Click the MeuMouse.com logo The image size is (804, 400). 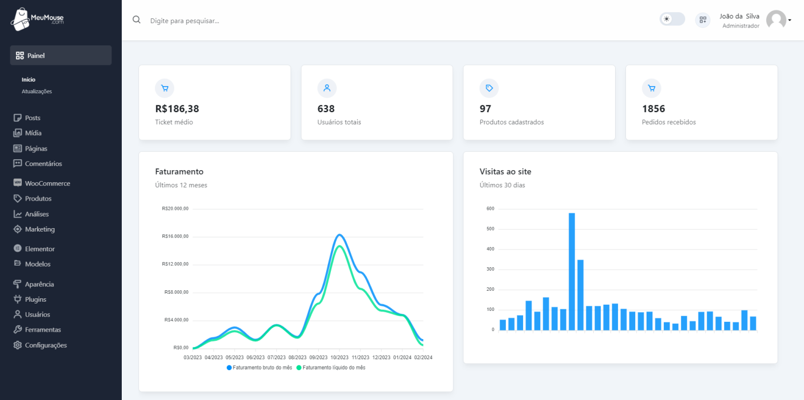click(x=37, y=20)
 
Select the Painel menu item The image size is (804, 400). click(x=60, y=56)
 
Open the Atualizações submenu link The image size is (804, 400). click(x=37, y=91)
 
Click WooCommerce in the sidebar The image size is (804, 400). click(x=47, y=183)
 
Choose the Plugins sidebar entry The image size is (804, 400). click(x=36, y=299)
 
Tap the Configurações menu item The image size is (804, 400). click(x=45, y=345)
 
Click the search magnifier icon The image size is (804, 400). click(x=137, y=20)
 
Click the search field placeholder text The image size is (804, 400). click(x=184, y=21)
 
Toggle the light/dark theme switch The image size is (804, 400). click(x=672, y=19)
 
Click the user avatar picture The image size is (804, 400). click(x=776, y=20)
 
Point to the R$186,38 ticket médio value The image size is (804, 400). click(x=177, y=109)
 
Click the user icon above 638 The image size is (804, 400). click(x=327, y=88)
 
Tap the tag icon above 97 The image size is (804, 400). click(x=489, y=88)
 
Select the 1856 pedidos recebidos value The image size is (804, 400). click(x=654, y=109)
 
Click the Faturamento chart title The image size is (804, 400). click(x=179, y=171)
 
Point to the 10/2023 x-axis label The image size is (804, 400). click(x=339, y=357)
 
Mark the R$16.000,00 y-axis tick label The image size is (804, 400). click(x=175, y=236)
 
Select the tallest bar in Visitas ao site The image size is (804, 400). click(x=571, y=271)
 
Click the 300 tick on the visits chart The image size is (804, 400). click(x=490, y=270)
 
